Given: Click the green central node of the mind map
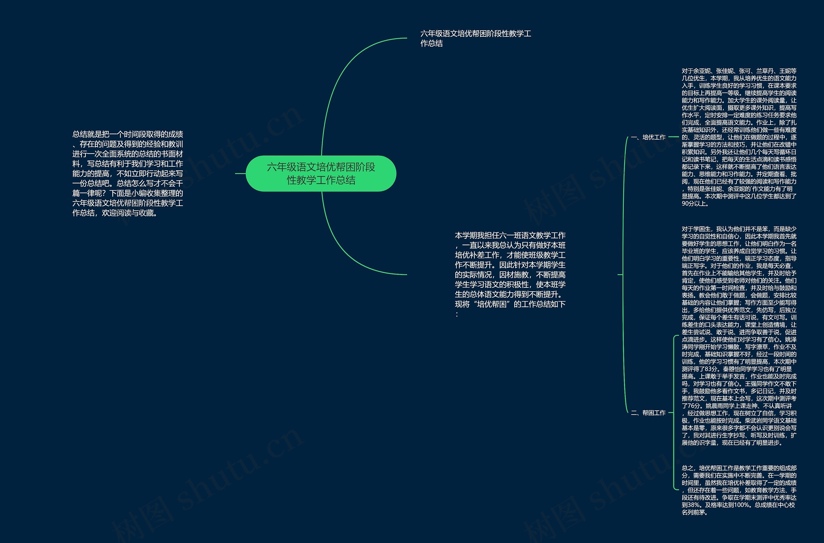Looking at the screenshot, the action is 321,173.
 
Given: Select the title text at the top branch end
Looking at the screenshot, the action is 475,38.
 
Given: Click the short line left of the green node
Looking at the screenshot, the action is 240,173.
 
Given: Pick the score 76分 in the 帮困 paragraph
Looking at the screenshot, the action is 694,406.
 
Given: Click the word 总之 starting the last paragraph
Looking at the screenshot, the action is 687,468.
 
